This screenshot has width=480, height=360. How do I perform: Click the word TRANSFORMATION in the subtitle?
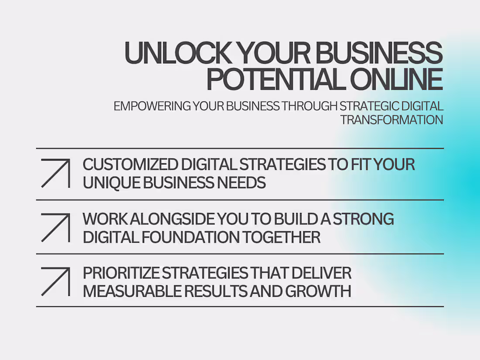(391, 120)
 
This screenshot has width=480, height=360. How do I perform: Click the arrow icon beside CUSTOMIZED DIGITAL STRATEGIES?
(55, 173)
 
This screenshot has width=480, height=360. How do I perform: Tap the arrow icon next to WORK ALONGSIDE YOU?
(55, 227)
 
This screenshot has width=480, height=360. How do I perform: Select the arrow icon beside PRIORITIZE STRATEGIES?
(55, 281)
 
